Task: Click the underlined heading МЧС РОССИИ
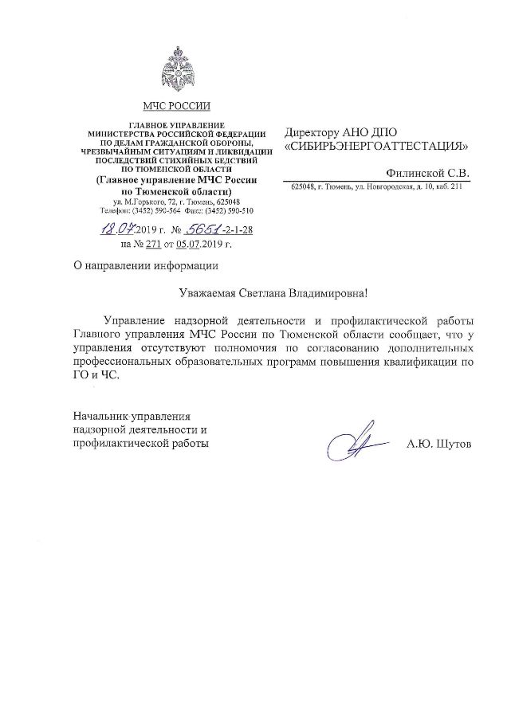pyautogui.click(x=176, y=106)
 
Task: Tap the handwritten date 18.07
pyautogui.click(x=116, y=231)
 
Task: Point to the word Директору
pyautogui.click(x=313, y=132)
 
